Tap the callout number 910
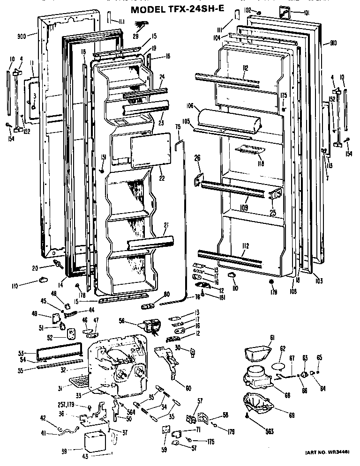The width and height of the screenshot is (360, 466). click(333, 44)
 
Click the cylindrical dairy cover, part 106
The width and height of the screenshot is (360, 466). click(230, 119)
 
